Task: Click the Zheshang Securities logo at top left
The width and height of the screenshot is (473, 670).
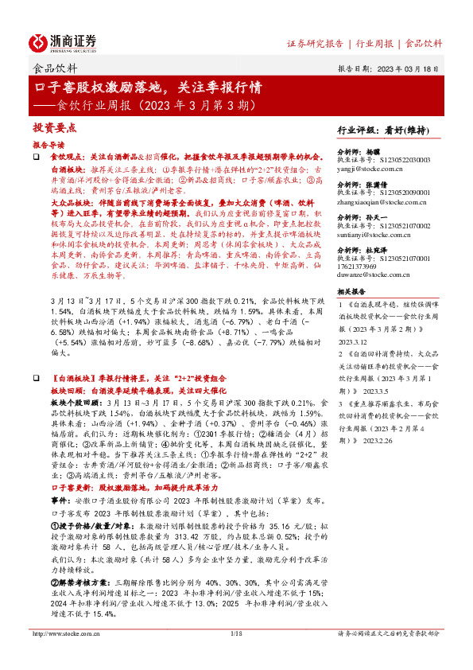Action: (x=63, y=41)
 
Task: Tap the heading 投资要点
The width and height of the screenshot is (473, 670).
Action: (x=54, y=128)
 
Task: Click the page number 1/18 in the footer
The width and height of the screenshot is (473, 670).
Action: (x=236, y=656)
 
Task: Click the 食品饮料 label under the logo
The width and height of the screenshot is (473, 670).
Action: (x=52, y=68)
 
